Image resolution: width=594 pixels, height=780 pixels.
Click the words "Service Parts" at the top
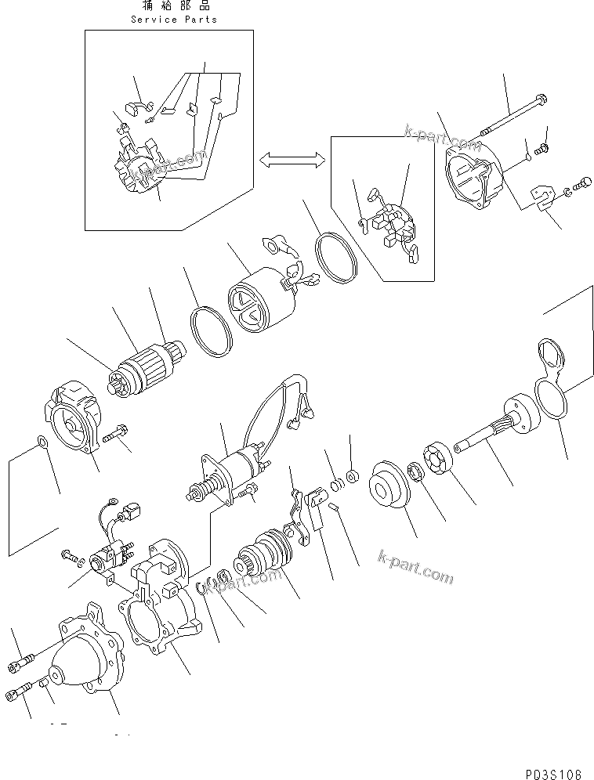[174, 19]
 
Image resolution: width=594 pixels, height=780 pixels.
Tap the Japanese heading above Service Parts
[174, 7]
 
